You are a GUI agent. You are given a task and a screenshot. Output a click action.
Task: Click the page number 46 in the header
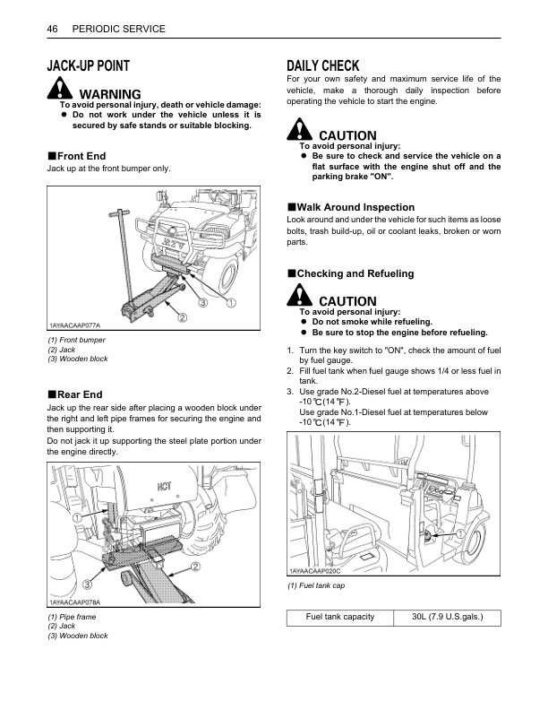[x=52, y=29]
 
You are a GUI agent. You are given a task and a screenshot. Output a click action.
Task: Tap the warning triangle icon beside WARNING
[x=60, y=90]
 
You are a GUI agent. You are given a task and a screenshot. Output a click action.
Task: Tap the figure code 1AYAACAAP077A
[x=75, y=325]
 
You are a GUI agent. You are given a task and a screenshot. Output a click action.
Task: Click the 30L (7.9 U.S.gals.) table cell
[x=444, y=617]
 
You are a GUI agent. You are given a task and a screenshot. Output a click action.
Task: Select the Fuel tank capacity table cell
[x=339, y=617]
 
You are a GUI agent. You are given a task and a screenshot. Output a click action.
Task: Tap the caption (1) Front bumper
[x=76, y=341]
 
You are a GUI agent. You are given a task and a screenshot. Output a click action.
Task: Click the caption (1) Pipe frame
[x=73, y=617]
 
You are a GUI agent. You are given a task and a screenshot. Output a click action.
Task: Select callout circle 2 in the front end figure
[x=182, y=316]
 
